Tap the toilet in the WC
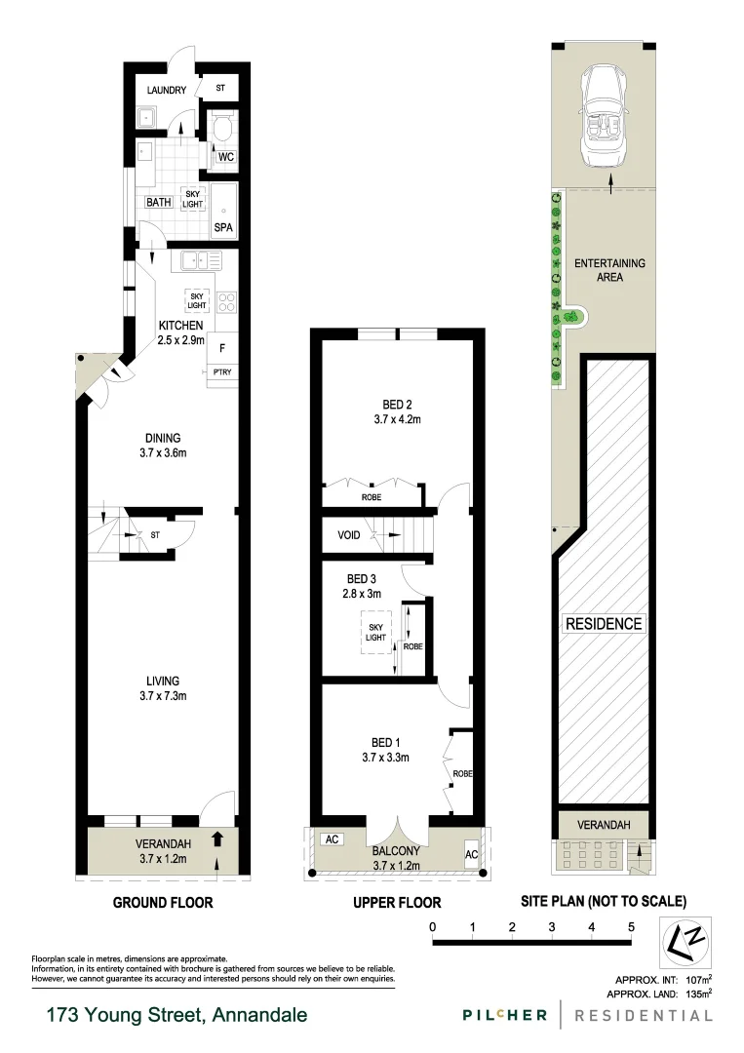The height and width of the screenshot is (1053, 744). tap(221, 128)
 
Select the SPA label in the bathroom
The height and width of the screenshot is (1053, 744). tap(223, 228)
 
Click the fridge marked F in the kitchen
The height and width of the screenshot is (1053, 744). tap(223, 347)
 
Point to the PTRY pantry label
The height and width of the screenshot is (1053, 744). tap(222, 372)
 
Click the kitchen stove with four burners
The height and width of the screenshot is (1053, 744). tap(225, 301)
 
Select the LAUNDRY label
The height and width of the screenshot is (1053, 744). tap(166, 92)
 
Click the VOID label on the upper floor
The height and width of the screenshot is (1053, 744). tap(349, 535)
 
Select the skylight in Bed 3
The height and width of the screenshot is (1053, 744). tap(375, 631)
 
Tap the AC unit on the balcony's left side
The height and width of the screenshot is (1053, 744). tap(331, 838)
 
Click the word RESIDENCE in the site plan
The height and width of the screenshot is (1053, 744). tap(604, 624)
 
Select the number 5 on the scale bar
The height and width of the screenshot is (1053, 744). tap(632, 926)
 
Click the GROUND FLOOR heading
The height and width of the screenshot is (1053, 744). tap(163, 903)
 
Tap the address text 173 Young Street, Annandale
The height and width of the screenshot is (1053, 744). tap(176, 1015)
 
